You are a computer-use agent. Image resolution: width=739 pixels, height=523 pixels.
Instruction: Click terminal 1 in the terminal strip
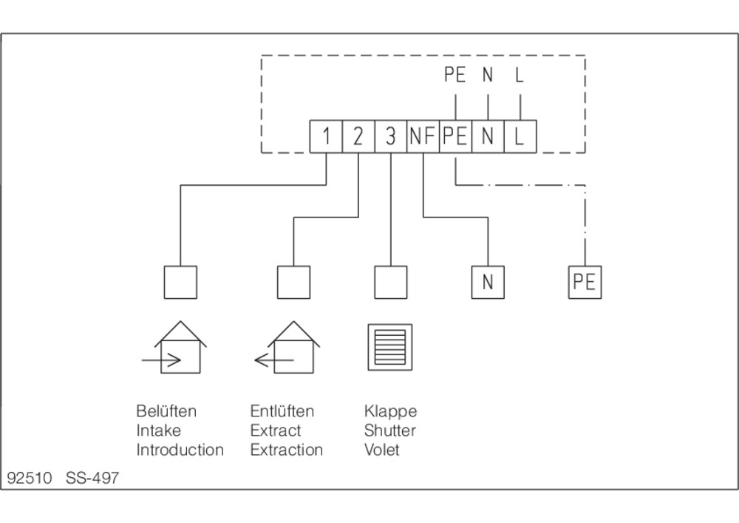pyautogui.click(x=326, y=136)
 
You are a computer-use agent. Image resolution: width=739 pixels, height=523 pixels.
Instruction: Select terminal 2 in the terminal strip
pyautogui.click(x=358, y=136)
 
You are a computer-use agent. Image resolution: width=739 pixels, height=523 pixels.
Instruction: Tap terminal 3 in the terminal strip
pyautogui.click(x=391, y=136)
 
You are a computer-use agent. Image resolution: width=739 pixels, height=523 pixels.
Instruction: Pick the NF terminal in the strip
pyautogui.click(x=423, y=136)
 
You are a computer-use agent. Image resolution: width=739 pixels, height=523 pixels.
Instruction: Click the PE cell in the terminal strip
pyautogui.click(x=456, y=136)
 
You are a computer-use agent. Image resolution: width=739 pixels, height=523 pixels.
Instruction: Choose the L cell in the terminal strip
pyautogui.click(x=520, y=136)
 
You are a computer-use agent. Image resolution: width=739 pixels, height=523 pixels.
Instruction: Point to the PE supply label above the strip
pyautogui.click(x=454, y=75)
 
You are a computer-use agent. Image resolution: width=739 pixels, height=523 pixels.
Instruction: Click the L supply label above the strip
pyautogui.click(x=520, y=75)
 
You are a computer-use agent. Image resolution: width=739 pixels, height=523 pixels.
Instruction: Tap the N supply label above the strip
pyautogui.click(x=488, y=75)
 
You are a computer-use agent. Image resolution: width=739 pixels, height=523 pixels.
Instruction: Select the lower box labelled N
pyautogui.click(x=488, y=282)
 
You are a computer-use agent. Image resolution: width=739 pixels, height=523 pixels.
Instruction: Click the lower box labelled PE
pyautogui.click(x=585, y=282)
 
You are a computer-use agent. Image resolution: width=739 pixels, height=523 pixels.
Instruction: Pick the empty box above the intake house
pyautogui.click(x=180, y=282)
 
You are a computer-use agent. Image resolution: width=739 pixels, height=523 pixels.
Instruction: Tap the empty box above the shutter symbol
pyautogui.click(x=391, y=282)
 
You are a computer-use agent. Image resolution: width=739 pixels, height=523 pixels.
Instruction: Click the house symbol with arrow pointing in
pyautogui.click(x=175, y=348)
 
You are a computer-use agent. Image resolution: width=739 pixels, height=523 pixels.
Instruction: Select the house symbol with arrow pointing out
pyautogui.click(x=288, y=348)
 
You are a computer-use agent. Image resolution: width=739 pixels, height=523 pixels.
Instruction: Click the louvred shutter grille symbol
pyautogui.click(x=390, y=347)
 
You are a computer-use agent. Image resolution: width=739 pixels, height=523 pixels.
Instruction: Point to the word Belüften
pyautogui.click(x=166, y=411)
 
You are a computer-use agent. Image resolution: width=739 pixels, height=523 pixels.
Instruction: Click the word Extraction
pyautogui.click(x=287, y=450)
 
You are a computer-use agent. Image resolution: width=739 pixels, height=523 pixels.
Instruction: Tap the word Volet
pyautogui.click(x=382, y=450)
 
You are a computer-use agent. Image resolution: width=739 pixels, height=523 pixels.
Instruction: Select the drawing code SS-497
pyautogui.click(x=92, y=478)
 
